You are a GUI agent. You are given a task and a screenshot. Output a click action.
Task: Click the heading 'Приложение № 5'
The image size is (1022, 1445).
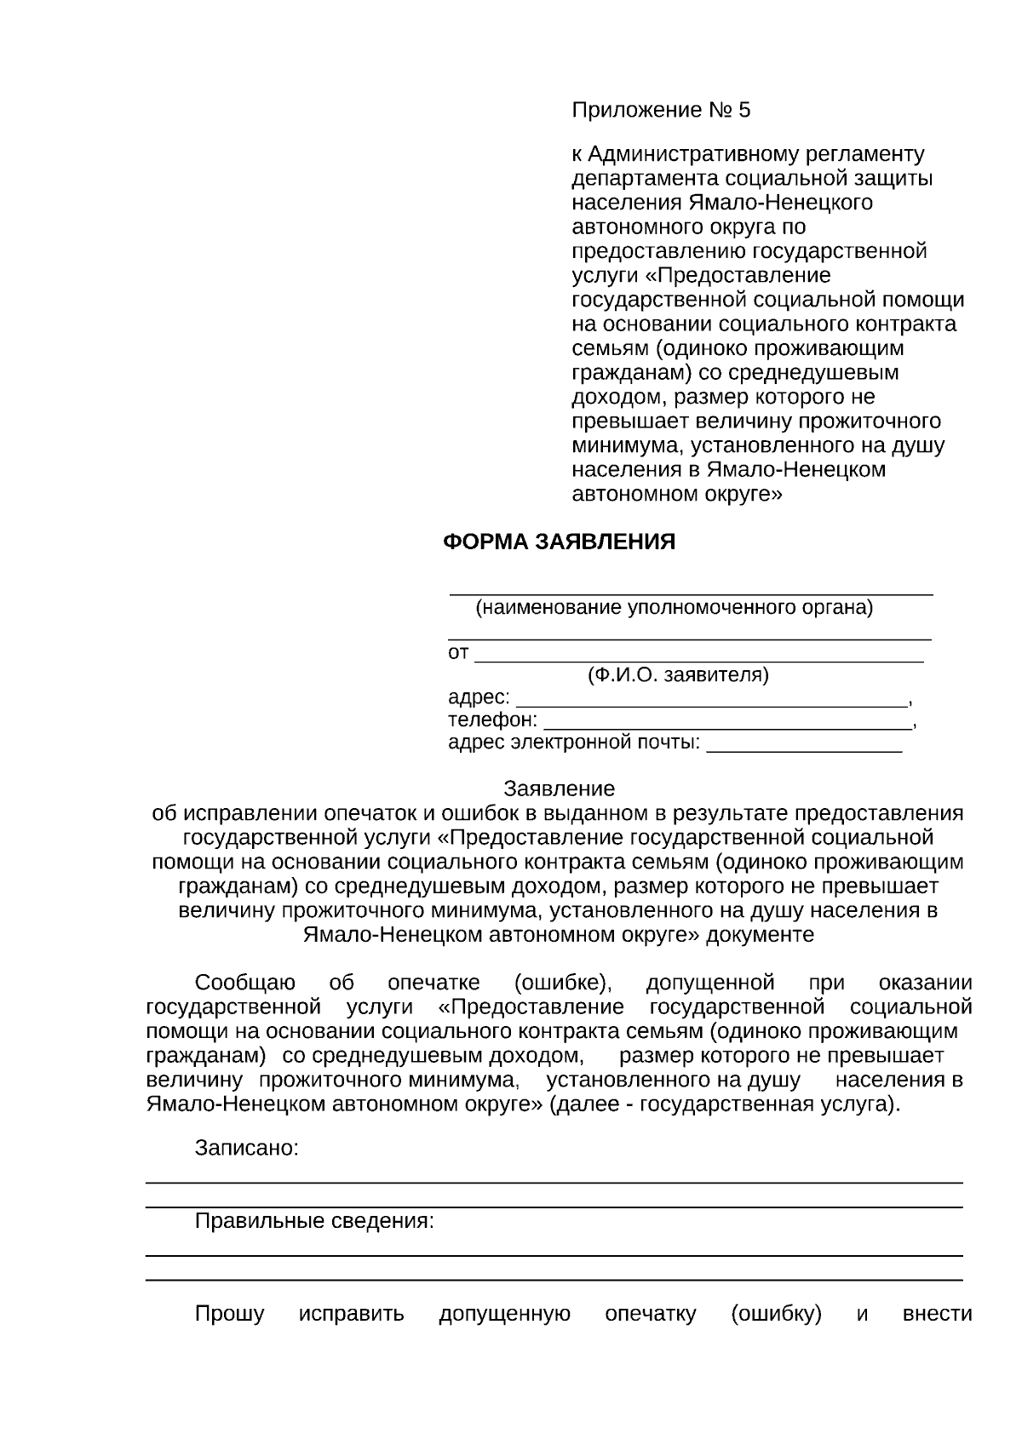pyautogui.click(x=661, y=111)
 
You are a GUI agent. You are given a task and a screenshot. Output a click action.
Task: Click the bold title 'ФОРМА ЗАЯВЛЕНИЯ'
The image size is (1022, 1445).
pyautogui.click(x=559, y=542)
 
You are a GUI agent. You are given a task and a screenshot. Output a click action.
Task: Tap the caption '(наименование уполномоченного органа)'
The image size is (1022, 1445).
pyautogui.click(x=674, y=608)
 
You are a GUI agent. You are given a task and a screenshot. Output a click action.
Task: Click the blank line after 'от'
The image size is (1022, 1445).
pyautogui.click(x=698, y=656)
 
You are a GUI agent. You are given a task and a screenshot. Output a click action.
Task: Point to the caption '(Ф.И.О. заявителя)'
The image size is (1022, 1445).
pyautogui.click(x=678, y=675)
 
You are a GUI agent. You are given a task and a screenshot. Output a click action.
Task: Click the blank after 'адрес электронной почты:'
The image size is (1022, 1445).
pyautogui.click(x=804, y=745)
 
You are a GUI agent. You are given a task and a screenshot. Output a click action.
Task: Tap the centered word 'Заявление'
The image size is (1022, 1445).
pyautogui.click(x=559, y=788)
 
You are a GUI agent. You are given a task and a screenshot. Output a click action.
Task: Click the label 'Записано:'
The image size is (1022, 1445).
pyautogui.click(x=247, y=1148)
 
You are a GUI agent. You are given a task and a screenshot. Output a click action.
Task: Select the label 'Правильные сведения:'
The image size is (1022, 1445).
pyautogui.click(x=314, y=1222)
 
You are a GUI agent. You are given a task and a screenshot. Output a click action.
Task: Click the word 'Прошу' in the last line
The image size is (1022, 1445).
pyautogui.click(x=229, y=1314)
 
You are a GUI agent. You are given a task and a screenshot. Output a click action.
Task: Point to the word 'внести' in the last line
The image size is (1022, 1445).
pyautogui.click(x=936, y=1314)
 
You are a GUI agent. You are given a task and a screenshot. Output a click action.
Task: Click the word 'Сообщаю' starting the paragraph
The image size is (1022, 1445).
pyautogui.click(x=245, y=983)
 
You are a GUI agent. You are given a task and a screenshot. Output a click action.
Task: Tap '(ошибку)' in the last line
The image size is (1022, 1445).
pyautogui.click(x=776, y=1314)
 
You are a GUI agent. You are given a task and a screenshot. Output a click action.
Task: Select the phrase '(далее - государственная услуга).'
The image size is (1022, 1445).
pyautogui.click(x=725, y=1105)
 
